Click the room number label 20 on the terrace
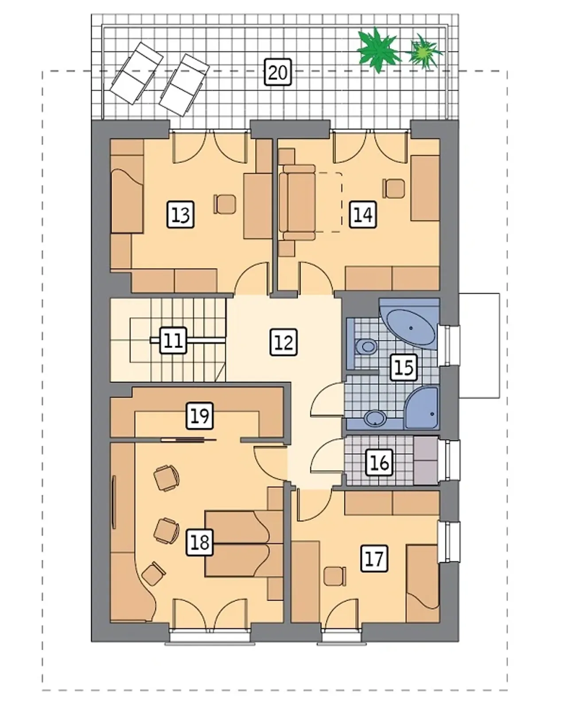point(278,72)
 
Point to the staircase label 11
point(173,340)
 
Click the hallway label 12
point(283,342)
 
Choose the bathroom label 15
point(404,367)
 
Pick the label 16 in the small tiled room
point(379,463)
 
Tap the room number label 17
point(374,558)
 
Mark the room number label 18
point(199,542)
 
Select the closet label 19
point(200,416)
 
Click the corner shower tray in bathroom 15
point(422,408)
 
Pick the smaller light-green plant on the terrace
point(424,51)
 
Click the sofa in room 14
point(297,202)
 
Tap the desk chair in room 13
point(225,204)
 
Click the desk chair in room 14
point(394,189)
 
